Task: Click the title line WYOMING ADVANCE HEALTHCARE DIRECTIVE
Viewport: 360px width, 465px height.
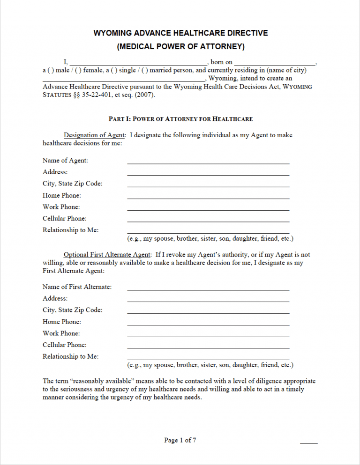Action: (180, 33)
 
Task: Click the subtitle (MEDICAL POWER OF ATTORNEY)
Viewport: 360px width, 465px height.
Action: (180, 46)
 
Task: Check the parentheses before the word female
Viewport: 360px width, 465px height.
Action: (79, 71)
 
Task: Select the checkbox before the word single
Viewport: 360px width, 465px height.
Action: (114, 71)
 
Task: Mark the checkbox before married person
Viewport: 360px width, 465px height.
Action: (144, 71)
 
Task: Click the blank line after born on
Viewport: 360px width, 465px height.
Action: (275, 62)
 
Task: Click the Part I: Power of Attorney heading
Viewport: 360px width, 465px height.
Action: (180, 119)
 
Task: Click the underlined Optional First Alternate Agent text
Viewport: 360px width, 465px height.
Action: (107, 255)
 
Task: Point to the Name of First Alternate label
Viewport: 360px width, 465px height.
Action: (77, 287)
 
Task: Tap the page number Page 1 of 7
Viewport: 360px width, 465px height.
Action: (180, 440)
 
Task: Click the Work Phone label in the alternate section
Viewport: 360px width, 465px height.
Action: (61, 333)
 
